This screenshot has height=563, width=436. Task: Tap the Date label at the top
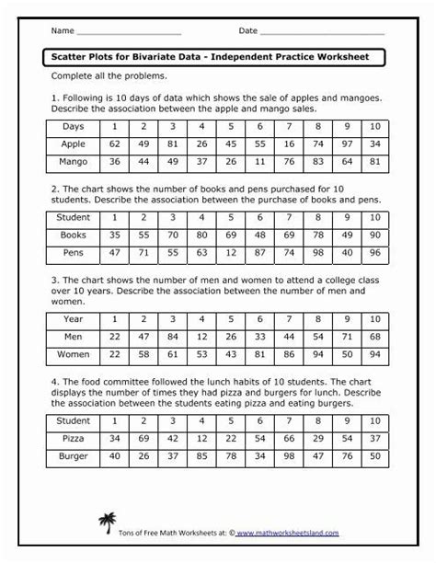click(x=248, y=30)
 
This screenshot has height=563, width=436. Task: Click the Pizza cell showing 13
click(x=317, y=439)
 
